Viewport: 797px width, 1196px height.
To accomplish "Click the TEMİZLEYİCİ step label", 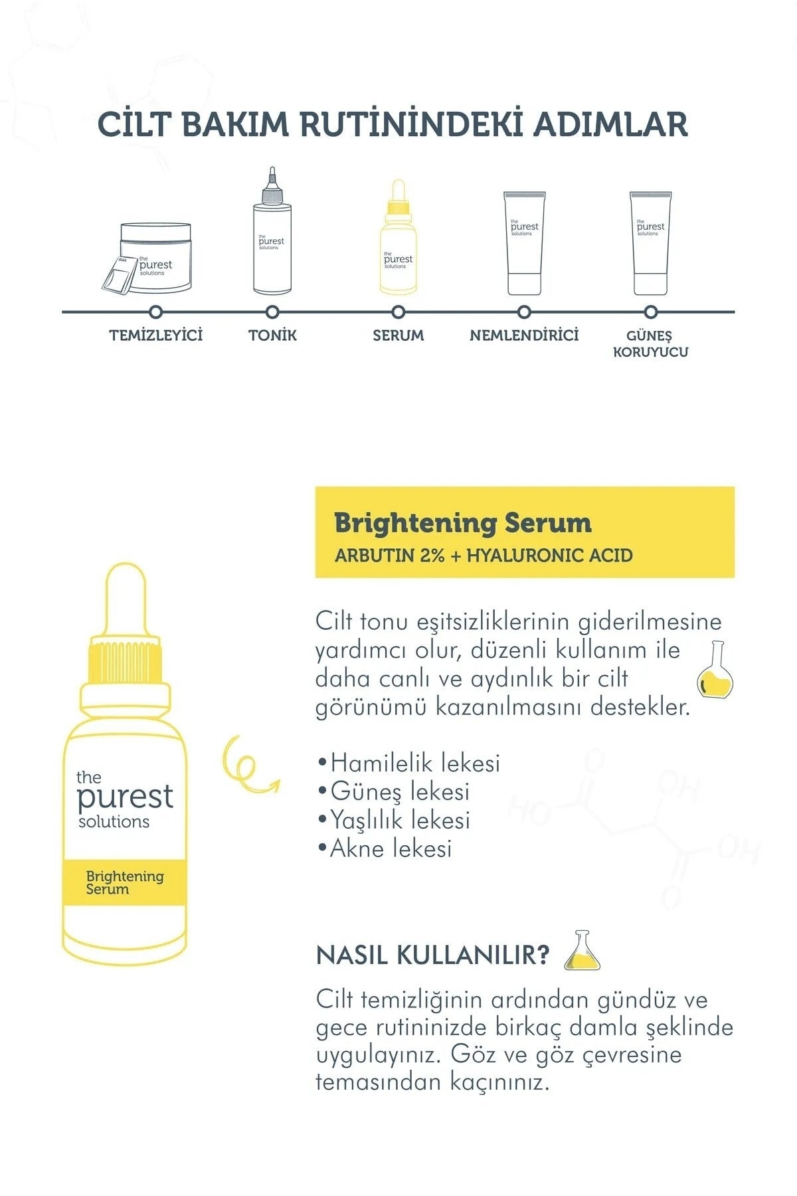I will click(156, 336).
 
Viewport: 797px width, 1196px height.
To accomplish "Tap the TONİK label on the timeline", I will click(272, 336).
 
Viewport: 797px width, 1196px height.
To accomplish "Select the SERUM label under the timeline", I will click(398, 336).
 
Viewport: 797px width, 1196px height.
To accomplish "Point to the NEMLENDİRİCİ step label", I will click(524, 336).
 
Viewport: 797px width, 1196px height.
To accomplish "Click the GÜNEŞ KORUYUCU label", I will click(650, 344).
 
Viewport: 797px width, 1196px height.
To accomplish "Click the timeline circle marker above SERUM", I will click(398, 312).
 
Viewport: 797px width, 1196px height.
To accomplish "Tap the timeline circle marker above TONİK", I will click(272, 312).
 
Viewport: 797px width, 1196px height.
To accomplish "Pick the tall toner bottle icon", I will click(272, 239).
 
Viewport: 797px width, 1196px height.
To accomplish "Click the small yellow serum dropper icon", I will click(398, 246).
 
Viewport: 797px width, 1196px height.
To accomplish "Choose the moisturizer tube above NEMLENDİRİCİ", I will click(524, 243).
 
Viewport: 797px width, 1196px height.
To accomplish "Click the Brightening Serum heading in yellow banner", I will click(463, 524).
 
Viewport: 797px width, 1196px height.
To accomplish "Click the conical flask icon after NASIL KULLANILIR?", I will click(582, 951).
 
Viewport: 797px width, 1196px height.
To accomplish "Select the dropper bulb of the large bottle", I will click(126, 598).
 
